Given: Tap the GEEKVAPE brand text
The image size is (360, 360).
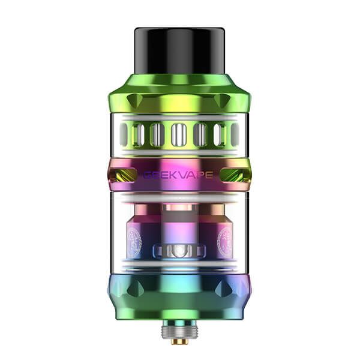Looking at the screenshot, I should coord(179,175).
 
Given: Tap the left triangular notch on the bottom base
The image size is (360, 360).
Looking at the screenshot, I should coord(136,289).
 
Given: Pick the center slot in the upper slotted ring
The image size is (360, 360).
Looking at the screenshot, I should coord(179,135).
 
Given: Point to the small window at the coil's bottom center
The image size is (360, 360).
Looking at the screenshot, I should coord(179,250).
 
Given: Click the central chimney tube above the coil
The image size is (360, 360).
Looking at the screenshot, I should coord(179,219).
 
